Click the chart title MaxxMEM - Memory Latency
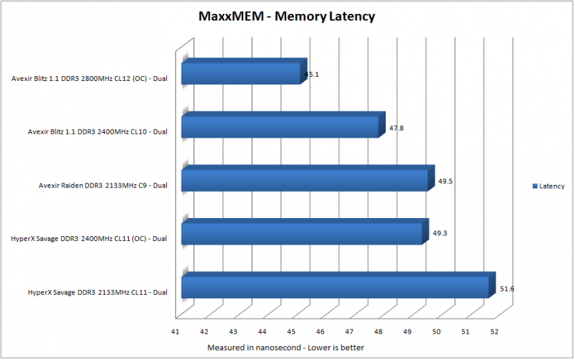click(287, 17)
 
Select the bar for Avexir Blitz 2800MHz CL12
click(245, 71)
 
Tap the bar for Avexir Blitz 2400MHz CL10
click(283, 125)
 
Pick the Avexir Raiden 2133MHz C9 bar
click(308, 178)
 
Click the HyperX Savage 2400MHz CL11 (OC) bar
click(305, 232)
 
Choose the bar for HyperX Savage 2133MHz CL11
click(339, 285)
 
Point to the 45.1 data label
click(312, 74)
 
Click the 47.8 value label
click(396, 128)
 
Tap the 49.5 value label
click(445, 181)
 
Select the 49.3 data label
click(440, 233)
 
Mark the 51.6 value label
click(507, 289)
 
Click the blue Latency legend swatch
click(535, 186)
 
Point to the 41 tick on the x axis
click(175, 332)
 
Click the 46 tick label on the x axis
click(320, 332)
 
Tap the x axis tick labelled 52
click(495, 332)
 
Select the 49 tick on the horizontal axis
click(407, 332)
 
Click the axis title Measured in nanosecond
click(285, 348)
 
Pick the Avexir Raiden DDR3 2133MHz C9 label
click(103, 186)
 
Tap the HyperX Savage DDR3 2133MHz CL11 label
click(98, 293)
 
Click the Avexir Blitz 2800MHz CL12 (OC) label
click(89, 78)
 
